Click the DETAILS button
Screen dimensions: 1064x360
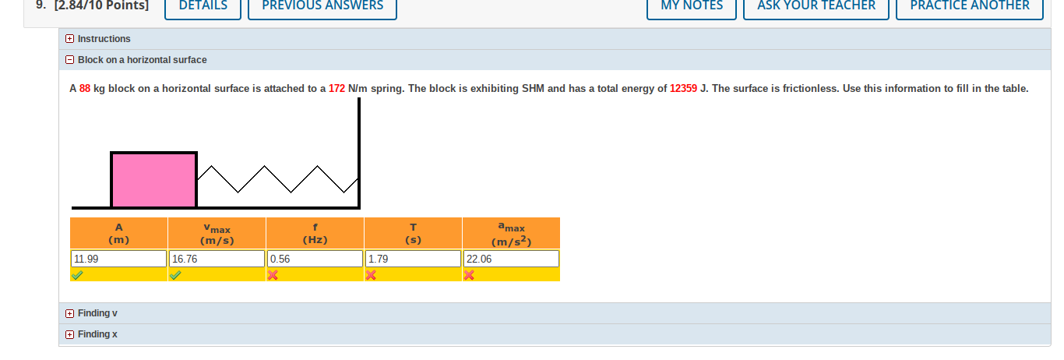(x=203, y=6)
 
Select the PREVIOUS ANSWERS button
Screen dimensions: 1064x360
(x=322, y=6)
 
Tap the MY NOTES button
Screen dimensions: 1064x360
(x=692, y=6)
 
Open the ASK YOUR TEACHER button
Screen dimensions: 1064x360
(x=816, y=6)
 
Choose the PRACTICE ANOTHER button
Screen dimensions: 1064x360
(x=970, y=6)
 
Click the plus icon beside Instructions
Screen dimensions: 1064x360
(x=69, y=39)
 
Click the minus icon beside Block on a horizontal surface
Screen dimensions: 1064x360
(x=69, y=60)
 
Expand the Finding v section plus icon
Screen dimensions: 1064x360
(x=69, y=313)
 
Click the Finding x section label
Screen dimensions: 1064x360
(x=97, y=334)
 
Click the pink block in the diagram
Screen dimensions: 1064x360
(x=153, y=180)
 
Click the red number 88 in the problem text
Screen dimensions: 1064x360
(x=85, y=89)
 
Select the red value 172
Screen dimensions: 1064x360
(x=336, y=89)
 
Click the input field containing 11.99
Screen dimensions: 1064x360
(x=118, y=259)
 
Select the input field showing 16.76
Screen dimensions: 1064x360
(x=217, y=259)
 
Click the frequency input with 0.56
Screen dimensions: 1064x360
(x=315, y=259)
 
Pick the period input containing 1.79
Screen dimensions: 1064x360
(x=413, y=259)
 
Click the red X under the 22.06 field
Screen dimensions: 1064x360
(x=469, y=275)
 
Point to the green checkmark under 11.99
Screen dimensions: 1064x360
(x=76, y=275)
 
